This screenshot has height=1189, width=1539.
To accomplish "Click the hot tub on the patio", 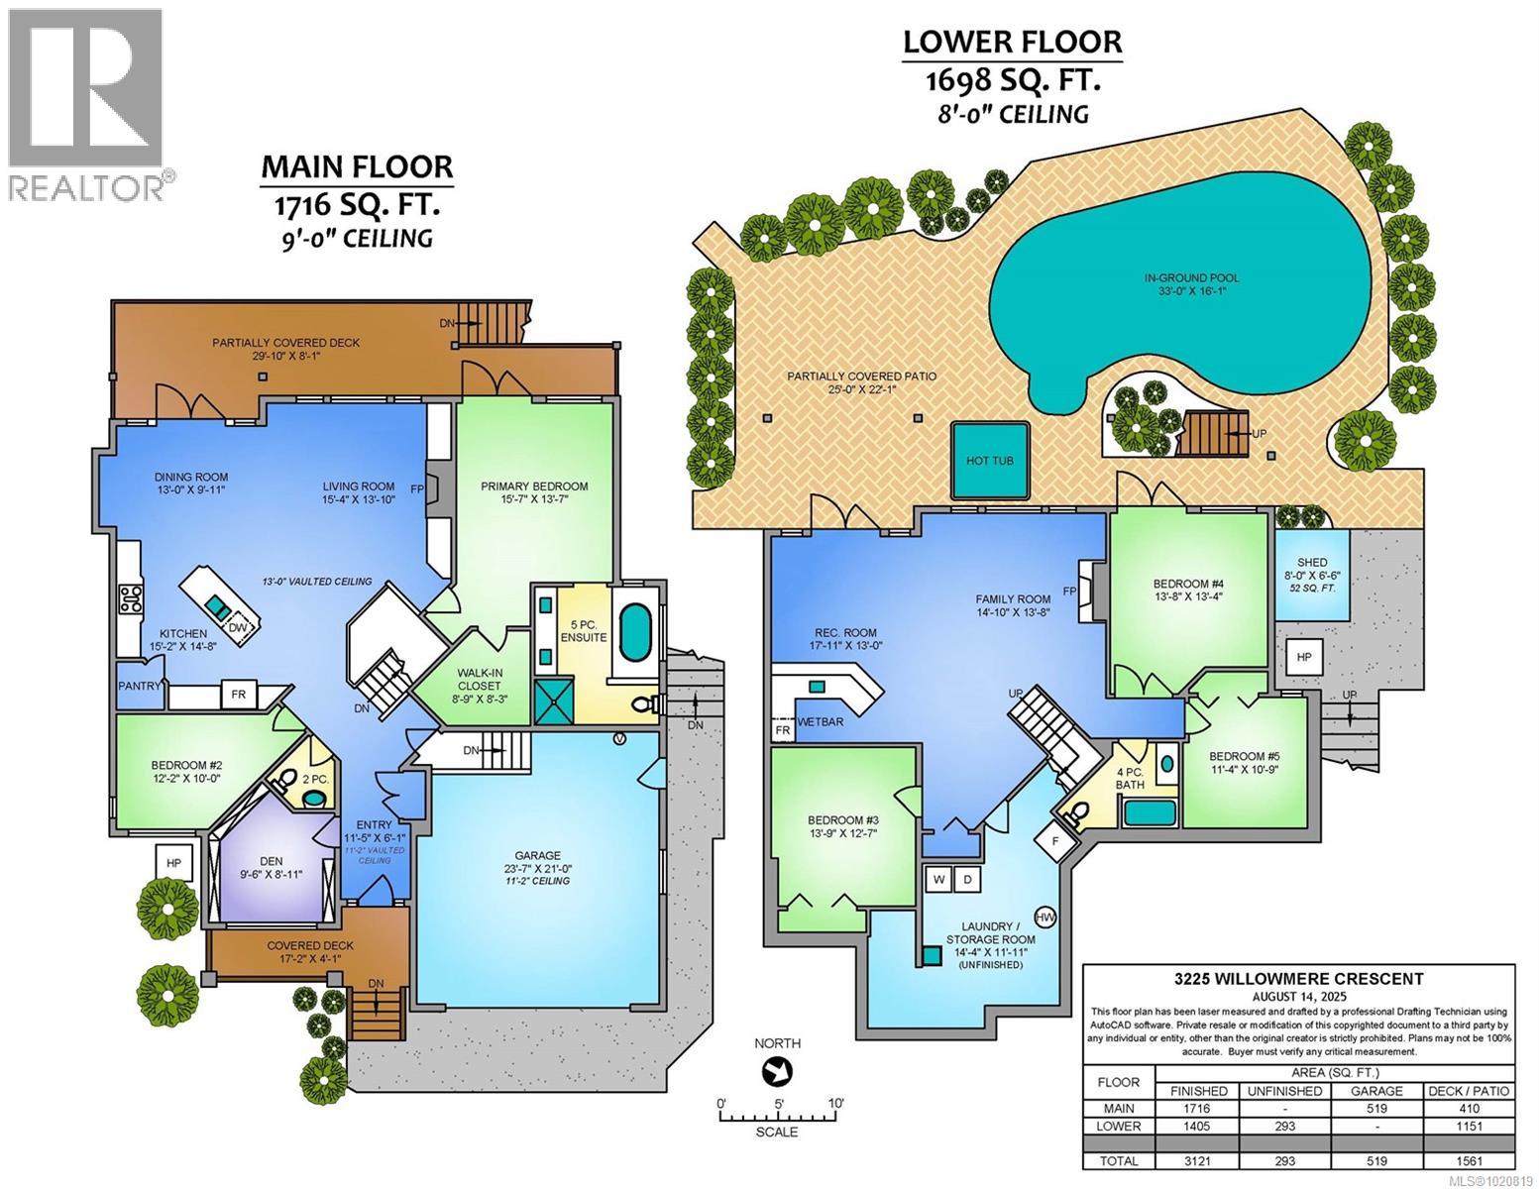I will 988,461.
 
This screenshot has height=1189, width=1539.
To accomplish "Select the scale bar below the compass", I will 778,1117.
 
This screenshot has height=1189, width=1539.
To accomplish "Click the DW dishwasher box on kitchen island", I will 238,627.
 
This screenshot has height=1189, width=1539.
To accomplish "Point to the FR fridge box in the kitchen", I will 238,695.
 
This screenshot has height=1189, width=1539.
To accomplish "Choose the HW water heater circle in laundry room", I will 1045,917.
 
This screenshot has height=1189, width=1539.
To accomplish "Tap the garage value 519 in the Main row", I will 1376,1109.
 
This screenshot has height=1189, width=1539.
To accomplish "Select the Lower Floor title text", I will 1012,42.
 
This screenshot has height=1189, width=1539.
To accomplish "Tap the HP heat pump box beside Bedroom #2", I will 174,863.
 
